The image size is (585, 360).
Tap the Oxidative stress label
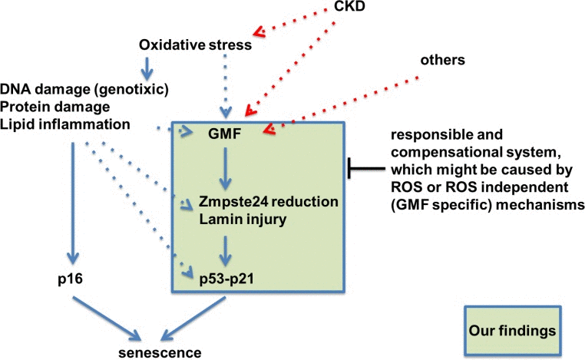click(195, 45)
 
